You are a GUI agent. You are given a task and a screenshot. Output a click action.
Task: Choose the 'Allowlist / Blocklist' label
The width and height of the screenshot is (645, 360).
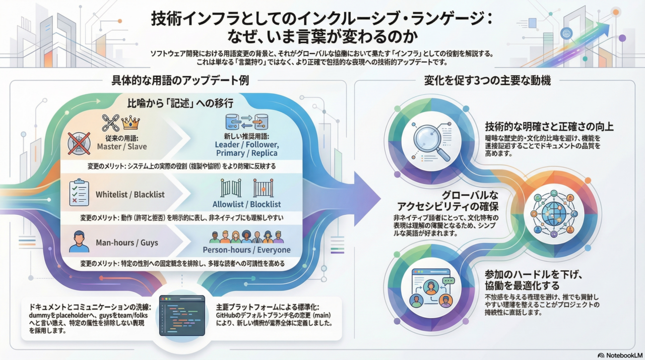(x=247, y=204)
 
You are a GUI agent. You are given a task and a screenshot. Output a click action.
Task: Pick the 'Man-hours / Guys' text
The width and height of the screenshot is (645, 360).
(x=127, y=243)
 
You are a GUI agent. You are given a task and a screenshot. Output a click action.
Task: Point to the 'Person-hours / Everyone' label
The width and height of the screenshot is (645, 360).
(x=246, y=250)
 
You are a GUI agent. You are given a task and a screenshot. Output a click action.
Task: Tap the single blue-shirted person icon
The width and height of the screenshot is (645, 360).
(x=79, y=242)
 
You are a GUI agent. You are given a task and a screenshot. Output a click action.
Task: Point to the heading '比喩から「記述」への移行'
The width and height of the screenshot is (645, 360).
(x=181, y=103)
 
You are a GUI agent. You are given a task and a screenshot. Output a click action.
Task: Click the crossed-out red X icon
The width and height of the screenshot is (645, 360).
(x=79, y=143)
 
